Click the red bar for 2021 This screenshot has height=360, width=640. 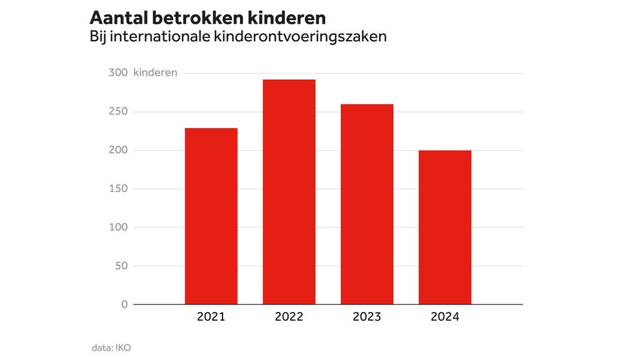pyautogui.click(x=211, y=216)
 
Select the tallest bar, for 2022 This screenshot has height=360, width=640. pyautogui.click(x=289, y=192)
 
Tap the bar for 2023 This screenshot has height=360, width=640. pyautogui.click(x=367, y=204)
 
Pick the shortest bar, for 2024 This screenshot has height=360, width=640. pyautogui.click(x=444, y=227)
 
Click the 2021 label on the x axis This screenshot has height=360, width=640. pyautogui.click(x=211, y=317)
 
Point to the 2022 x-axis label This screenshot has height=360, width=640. pyautogui.click(x=289, y=317)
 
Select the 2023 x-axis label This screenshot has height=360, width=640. pyautogui.click(x=367, y=317)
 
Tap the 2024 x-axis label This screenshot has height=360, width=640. pyautogui.click(x=444, y=317)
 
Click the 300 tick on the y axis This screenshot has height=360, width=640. pyautogui.click(x=118, y=72)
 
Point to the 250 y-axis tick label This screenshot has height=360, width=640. pyautogui.click(x=118, y=111)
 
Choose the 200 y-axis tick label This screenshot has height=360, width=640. pyautogui.click(x=118, y=150)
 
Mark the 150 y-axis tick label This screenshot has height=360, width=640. pyautogui.click(x=118, y=189)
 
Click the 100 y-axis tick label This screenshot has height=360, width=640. pyautogui.click(x=118, y=227)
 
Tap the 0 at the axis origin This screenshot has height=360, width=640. pyautogui.click(x=124, y=304)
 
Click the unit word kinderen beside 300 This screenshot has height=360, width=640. pyautogui.click(x=155, y=72)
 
